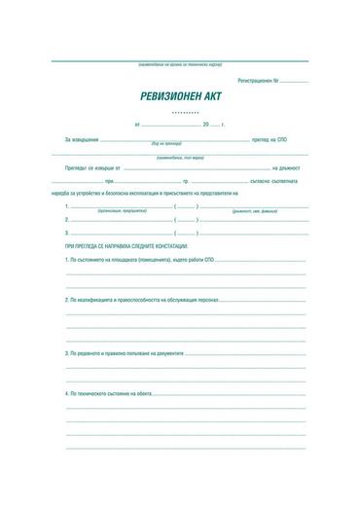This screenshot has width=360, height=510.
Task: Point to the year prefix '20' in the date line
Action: (206, 126)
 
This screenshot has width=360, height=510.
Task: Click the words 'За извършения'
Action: (82, 141)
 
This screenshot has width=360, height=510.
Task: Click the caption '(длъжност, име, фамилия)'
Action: (256, 210)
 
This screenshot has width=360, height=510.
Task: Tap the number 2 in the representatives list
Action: (66, 220)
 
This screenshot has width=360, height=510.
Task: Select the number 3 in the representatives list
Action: (66, 233)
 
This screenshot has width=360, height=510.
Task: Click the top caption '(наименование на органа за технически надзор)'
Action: (178, 63)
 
